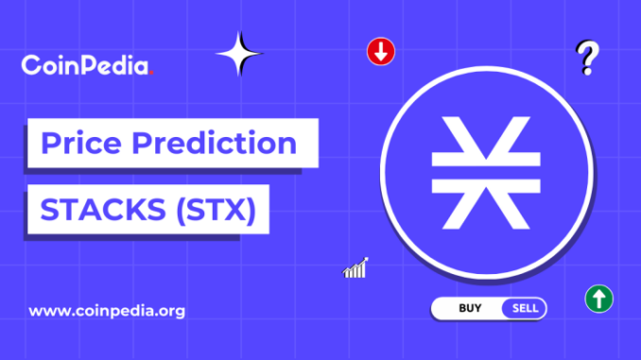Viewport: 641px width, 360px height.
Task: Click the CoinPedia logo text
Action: pyautogui.click(x=87, y=65)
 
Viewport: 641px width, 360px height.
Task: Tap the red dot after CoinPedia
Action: pyautogui.click(x=151, y=73)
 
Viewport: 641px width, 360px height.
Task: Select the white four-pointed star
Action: pyautogui.click(x=239, y=54)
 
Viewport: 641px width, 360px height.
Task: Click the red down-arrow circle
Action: pyautogui.click(x=381, y=51)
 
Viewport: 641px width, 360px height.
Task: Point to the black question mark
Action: pyautogui.click(x=588, y=58)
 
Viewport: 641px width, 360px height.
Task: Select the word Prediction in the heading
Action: pyautogui.click(x=215, y=143)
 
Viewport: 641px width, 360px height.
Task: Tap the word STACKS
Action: pyautogui.click(x=103, y=210)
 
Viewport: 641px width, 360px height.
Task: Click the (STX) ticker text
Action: pyautogui.click(x=217, y=210)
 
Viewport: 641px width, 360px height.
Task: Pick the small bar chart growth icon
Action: pyautogui.click(x=355, y=268)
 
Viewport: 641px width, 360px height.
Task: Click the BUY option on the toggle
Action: pyautogui.click(x=470, y=308)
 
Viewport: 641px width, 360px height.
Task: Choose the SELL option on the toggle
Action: pyautogui.click(x=525, y=308)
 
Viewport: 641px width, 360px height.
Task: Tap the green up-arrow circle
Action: pyautogui.click(x=598, y=299)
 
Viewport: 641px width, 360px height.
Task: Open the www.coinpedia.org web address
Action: pyautogui.click(x=107, y=312)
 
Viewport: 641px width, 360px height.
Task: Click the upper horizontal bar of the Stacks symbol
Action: pyautogui.click(x=486, y=160)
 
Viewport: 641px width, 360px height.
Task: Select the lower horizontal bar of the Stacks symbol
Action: pyautogui.click(x=486, y=186)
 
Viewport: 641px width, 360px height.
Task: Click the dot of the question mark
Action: pyautogui.click(x=587, y=71)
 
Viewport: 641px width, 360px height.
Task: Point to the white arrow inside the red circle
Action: pyautogui.click(x=381, y=52)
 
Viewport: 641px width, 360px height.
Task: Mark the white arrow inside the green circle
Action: pyautogui.click(x=598, y=299)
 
